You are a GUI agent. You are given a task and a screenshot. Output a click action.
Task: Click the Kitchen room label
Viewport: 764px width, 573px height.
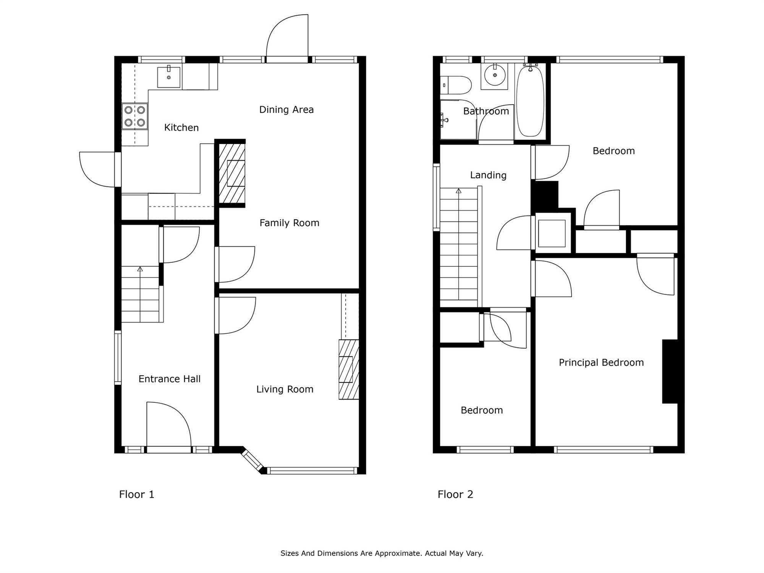coord(181,128)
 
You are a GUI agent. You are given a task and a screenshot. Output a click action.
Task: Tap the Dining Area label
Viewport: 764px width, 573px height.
coord(286,110)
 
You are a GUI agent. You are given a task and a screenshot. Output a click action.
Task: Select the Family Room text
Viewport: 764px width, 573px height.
coord(289,223)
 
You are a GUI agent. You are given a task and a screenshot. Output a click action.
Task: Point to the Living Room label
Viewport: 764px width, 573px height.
coord(285,389)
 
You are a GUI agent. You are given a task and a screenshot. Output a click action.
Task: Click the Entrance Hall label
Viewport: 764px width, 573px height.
coord(170,379)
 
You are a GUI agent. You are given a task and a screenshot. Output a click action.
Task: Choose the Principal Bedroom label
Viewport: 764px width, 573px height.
coord(601,363)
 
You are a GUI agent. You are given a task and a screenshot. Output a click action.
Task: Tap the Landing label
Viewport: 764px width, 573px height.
coord(488,175)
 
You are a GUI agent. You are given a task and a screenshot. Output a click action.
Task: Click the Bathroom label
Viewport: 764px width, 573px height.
coord(486,111)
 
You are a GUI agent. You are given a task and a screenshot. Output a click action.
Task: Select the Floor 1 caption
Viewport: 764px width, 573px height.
coord(137,494)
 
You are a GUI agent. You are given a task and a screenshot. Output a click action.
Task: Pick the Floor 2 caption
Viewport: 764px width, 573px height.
coord(455,494)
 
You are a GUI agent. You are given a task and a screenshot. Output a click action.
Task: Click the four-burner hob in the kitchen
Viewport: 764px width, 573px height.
coord(135,117)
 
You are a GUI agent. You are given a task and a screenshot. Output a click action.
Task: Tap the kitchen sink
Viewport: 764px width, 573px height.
coord(169,77)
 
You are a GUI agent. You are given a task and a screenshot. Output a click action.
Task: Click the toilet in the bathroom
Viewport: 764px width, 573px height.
coord(456,85)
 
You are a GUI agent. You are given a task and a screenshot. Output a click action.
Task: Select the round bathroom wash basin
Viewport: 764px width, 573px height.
coord(495,75)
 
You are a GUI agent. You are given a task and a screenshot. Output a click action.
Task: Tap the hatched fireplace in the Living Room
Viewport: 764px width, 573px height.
coord(349,369)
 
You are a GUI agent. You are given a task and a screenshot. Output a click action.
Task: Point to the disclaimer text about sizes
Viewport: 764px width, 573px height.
coord(382,553)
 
